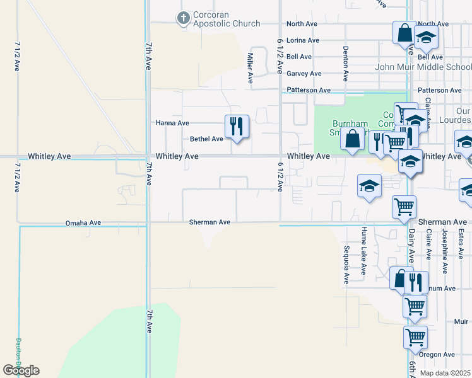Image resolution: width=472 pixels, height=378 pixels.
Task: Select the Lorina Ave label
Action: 303,40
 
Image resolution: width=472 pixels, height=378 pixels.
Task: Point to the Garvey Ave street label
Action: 304,74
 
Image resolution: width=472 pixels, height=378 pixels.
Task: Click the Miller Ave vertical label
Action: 250,69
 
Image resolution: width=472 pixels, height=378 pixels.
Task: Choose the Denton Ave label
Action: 346,63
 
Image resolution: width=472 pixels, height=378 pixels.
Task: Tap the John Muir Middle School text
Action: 423,67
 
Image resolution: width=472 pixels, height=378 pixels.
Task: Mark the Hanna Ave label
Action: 172,123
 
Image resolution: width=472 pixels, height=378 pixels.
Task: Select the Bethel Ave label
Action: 207,139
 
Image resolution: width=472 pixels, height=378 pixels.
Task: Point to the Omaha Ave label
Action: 83,223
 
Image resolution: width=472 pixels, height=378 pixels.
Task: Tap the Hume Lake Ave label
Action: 363,251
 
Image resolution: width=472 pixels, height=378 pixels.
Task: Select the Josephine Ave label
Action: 444,251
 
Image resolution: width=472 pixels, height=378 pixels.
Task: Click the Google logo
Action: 21,370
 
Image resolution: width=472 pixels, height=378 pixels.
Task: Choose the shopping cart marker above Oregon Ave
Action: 416,337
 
